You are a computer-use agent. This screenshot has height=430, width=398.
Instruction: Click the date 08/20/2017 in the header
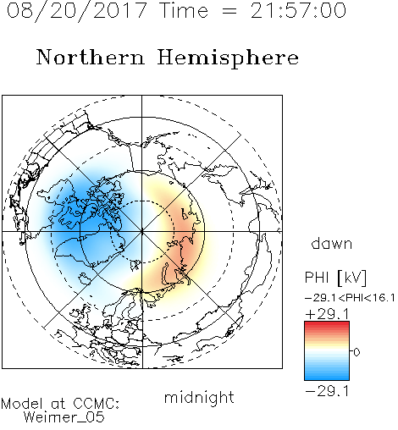76,11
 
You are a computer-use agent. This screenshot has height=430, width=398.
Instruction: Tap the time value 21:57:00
298,10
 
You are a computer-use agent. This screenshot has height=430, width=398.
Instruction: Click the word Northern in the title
91,57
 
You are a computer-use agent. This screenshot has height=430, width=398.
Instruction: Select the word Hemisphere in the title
228,58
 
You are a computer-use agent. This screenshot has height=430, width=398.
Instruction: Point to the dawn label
332,243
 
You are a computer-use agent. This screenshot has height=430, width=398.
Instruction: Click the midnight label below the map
199,398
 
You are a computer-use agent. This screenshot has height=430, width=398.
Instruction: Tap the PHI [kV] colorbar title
335,278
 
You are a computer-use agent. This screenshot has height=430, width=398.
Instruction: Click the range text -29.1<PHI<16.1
350,298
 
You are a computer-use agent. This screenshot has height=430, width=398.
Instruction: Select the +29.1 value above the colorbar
327,314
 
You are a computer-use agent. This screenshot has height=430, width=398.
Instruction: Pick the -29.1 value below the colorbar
327,391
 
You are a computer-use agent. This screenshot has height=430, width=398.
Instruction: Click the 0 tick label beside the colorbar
357,352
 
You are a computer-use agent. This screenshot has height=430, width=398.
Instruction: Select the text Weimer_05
64,417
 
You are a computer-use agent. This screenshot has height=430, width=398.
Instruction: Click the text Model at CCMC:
60,404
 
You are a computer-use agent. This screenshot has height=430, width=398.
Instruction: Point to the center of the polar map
142,231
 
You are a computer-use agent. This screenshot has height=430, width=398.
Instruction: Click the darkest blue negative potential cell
85,214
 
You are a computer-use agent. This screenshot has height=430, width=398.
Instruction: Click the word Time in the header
184,10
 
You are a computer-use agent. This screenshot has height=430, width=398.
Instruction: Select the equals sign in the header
229,11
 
